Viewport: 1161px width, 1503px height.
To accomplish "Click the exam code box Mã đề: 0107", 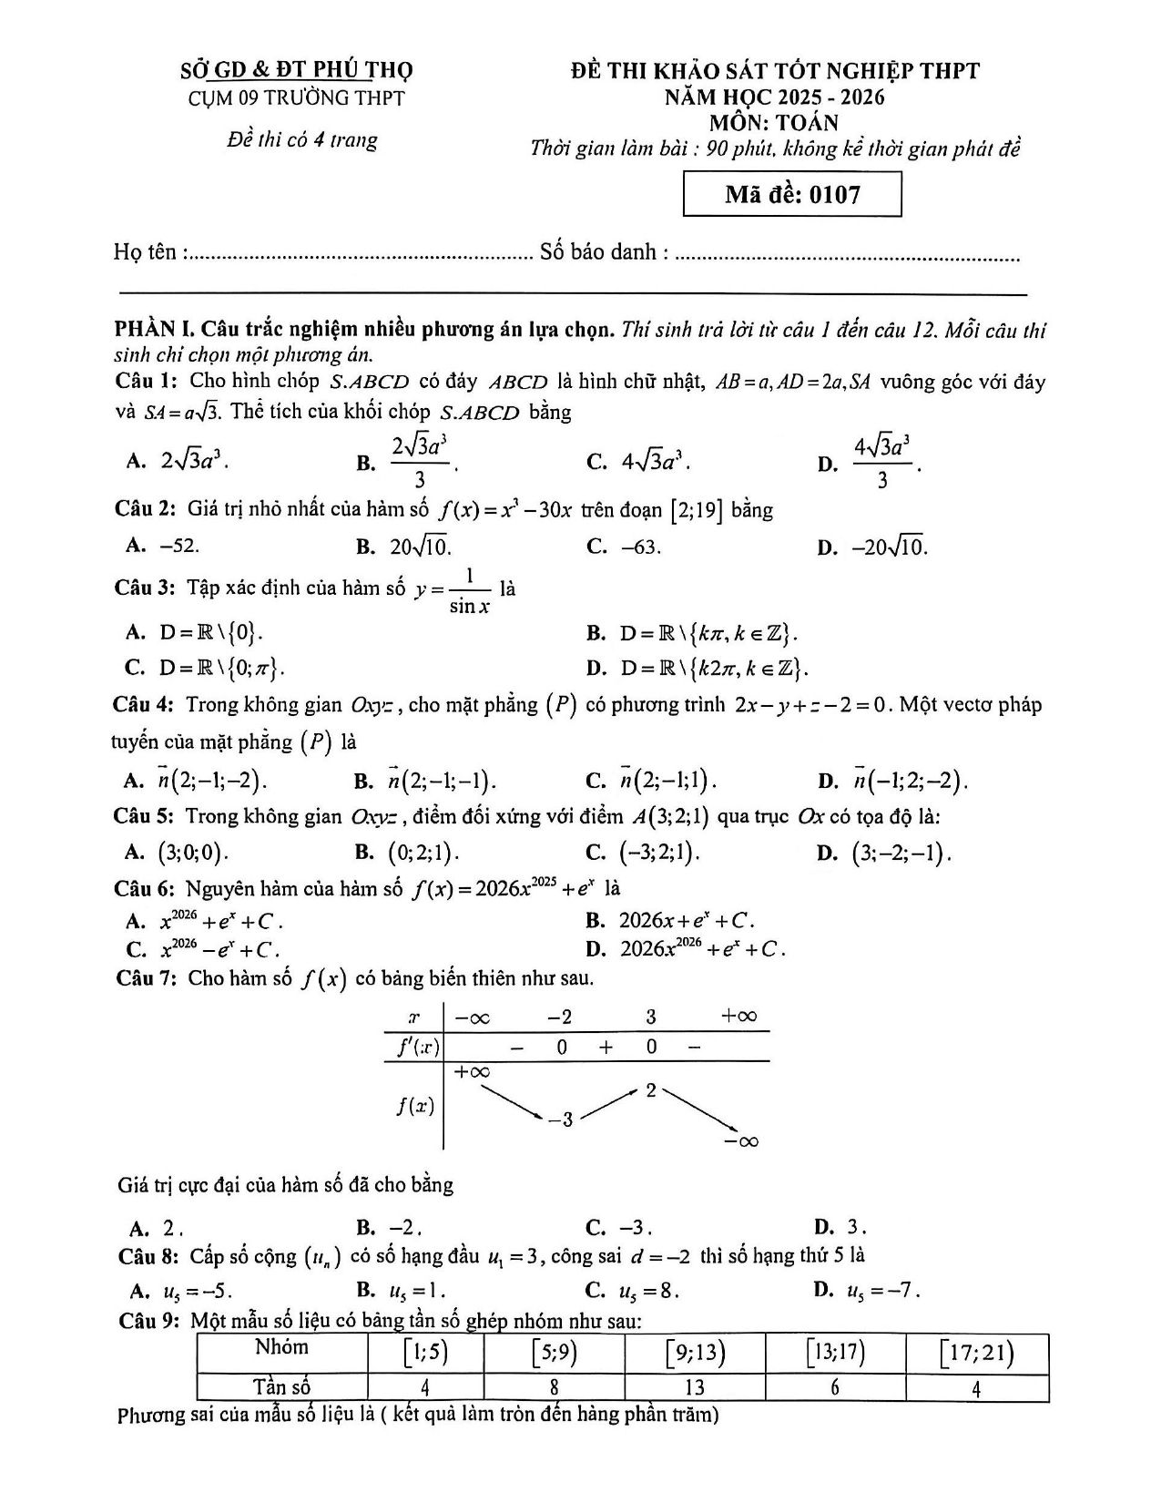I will click(792, 194).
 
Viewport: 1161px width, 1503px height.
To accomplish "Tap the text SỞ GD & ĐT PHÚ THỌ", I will click(297, 70).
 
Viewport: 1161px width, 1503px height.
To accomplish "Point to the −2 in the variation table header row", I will click(559, 1017).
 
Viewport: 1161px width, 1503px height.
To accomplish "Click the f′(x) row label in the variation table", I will click(417, 1047).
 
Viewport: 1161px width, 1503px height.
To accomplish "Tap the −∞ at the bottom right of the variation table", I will click(741, 1140).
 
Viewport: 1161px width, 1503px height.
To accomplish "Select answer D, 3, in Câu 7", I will click(848, 1226).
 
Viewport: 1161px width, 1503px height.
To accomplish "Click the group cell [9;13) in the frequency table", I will click(695, 1354).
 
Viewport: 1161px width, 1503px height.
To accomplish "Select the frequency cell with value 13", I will click(694, 1387).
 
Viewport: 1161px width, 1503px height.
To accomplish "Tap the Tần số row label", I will click(281, 1387).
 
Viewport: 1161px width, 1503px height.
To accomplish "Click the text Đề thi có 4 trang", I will click(301, 140).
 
